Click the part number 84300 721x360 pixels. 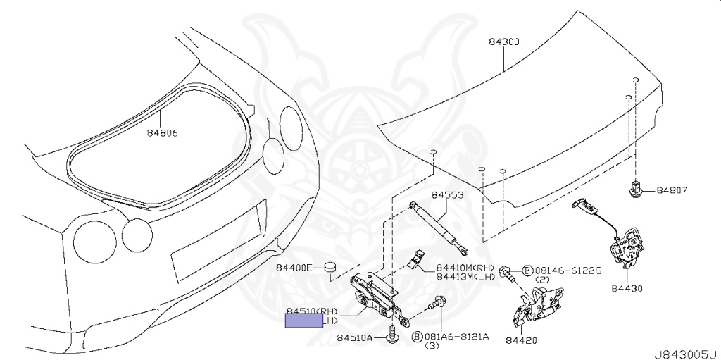(x=503, y=42)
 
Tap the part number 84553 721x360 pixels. (x=447, y=195)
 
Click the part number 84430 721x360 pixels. (x=627, y=288)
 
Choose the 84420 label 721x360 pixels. (x=521, y=341)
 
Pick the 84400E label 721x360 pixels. (x=294, y=268)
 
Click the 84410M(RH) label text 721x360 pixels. (x=465, y=268)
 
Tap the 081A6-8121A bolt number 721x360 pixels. (x=460, y=337)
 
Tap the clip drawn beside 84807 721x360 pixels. (x=636, y=190)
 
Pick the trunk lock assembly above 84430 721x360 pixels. (x=626, y=247)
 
